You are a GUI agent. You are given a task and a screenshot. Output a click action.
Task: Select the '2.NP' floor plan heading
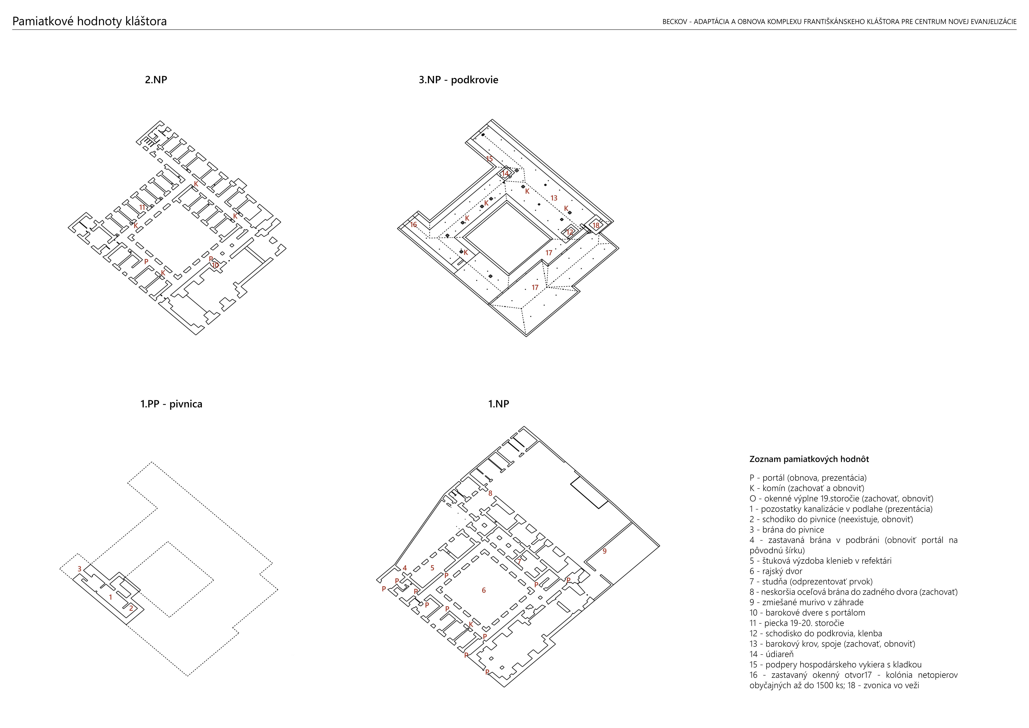156,80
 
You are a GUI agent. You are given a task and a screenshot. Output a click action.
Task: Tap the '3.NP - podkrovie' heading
459,80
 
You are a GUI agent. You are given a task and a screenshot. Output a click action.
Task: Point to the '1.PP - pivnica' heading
171,404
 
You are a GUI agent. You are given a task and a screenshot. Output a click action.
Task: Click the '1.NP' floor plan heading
499,404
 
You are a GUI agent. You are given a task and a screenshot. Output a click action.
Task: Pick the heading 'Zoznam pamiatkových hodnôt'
809,459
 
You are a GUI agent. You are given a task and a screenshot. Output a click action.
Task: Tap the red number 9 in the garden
605,551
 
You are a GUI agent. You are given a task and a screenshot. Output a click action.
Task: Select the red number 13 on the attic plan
554,198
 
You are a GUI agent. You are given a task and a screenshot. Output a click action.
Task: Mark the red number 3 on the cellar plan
79,569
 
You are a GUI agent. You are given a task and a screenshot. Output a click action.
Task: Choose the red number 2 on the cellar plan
131,608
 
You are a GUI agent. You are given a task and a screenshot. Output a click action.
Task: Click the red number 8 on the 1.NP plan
490,493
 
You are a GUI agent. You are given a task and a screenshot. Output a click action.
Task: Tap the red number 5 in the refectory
432,568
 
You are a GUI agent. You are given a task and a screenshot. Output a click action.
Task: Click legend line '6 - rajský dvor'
776,571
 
